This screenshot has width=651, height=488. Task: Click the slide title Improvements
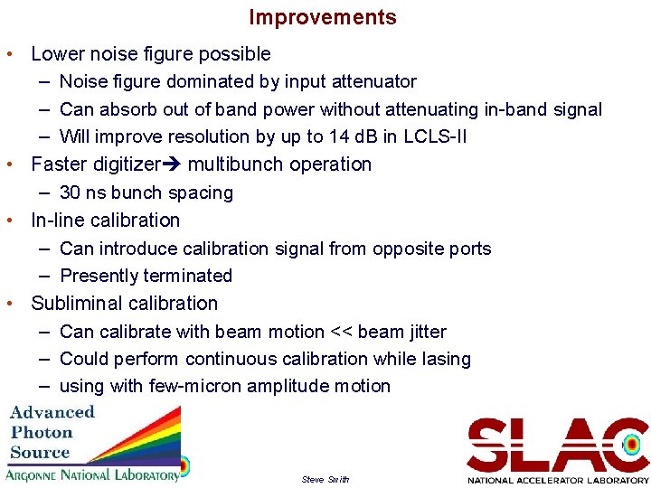[323, 17]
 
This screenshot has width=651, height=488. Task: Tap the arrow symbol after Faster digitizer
[171, 164]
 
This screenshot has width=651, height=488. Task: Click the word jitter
[422, 332]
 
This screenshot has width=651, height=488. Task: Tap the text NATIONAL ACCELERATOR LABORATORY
[558, 480]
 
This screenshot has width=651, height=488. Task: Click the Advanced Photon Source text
[52, 431]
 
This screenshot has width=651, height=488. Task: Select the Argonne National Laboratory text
[92, 475]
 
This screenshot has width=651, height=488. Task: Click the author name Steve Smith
[325, 479]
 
